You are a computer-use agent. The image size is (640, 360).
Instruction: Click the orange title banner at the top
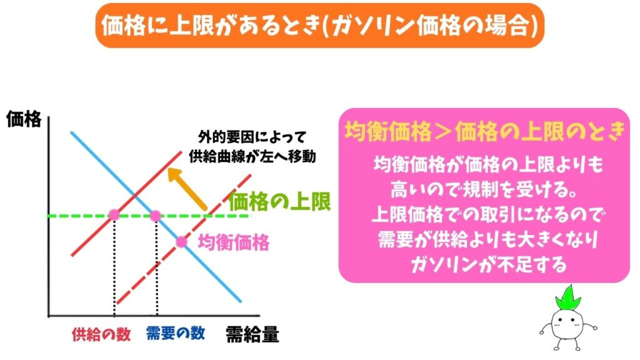319,26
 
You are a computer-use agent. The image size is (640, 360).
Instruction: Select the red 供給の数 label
101,334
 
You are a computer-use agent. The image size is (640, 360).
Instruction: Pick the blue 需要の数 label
175,333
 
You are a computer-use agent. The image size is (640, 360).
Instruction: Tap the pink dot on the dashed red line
181,241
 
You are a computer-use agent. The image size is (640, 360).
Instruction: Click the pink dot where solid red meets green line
114,216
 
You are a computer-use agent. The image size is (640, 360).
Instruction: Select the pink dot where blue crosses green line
156,216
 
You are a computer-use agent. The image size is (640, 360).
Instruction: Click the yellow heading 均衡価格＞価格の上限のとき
484,131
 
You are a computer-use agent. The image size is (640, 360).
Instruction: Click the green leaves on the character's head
569,297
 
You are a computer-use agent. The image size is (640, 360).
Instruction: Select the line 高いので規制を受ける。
484,188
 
